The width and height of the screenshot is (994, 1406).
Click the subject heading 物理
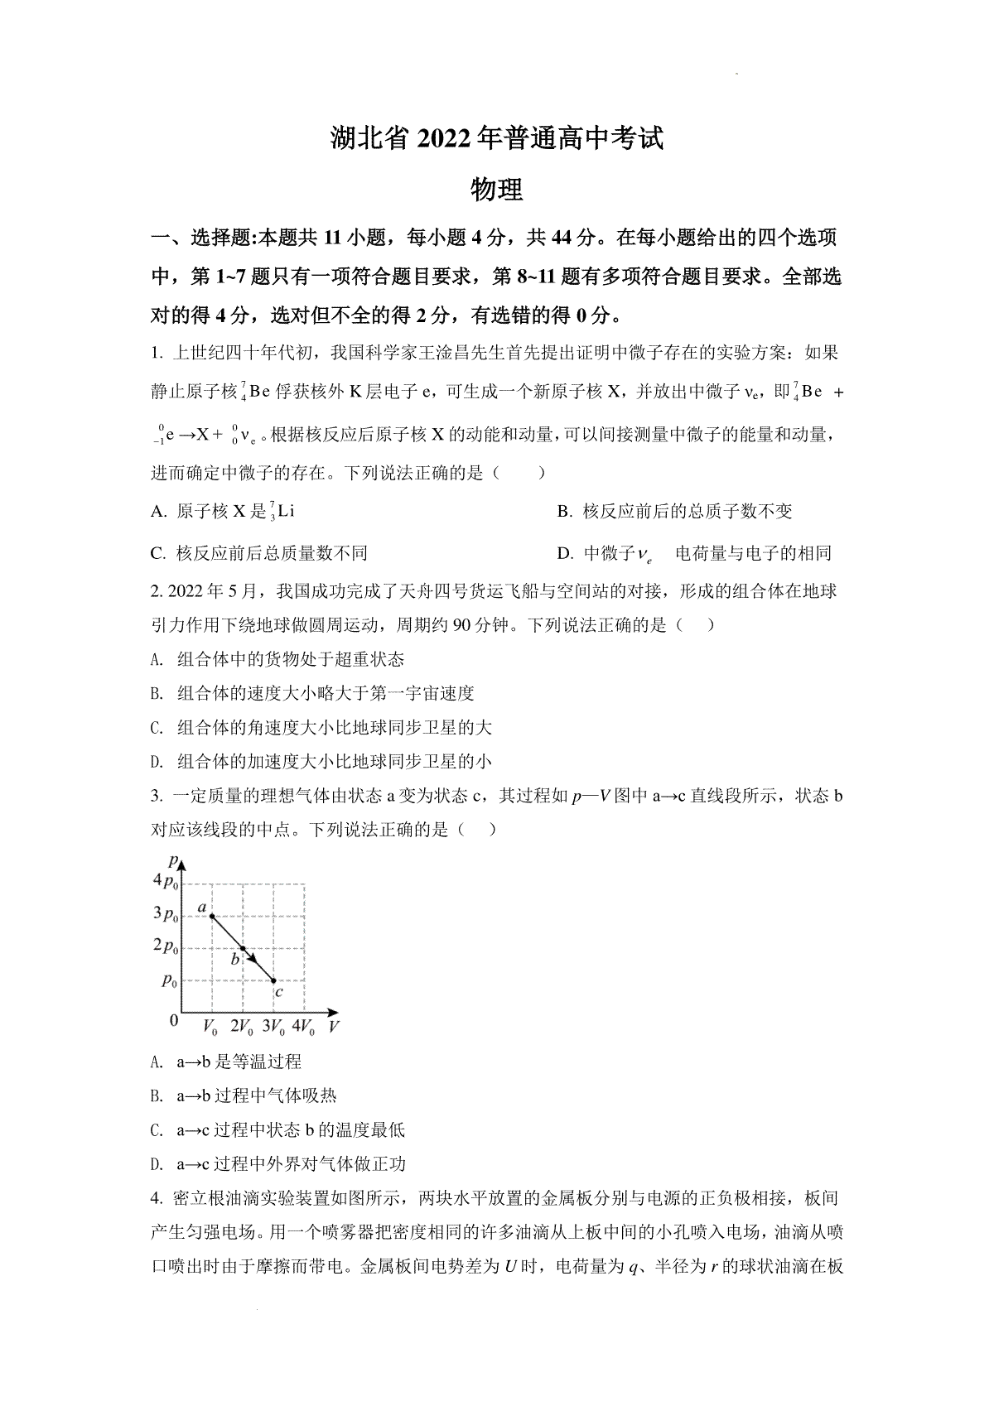tap(496, 190)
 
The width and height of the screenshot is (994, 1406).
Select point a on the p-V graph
tap(211, 916)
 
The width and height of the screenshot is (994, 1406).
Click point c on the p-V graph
tap(274, 980)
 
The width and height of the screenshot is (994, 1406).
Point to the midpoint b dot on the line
tap(243, 949)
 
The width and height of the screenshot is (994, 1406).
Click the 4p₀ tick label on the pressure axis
tap(166, 881)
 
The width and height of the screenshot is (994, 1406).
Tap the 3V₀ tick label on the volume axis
tap(274, 1027)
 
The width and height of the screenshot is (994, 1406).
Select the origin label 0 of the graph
tap(173, 1020)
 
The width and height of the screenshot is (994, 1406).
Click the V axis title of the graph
tap(334, 1028)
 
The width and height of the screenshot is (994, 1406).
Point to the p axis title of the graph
tap(171, 859)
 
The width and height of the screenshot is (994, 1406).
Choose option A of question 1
tap(224, 512)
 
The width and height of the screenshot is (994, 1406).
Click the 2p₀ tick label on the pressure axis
tap(166, 946)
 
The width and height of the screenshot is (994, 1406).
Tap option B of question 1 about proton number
tap(675, 512)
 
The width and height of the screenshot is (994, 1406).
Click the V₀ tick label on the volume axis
tap(210, 1027)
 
